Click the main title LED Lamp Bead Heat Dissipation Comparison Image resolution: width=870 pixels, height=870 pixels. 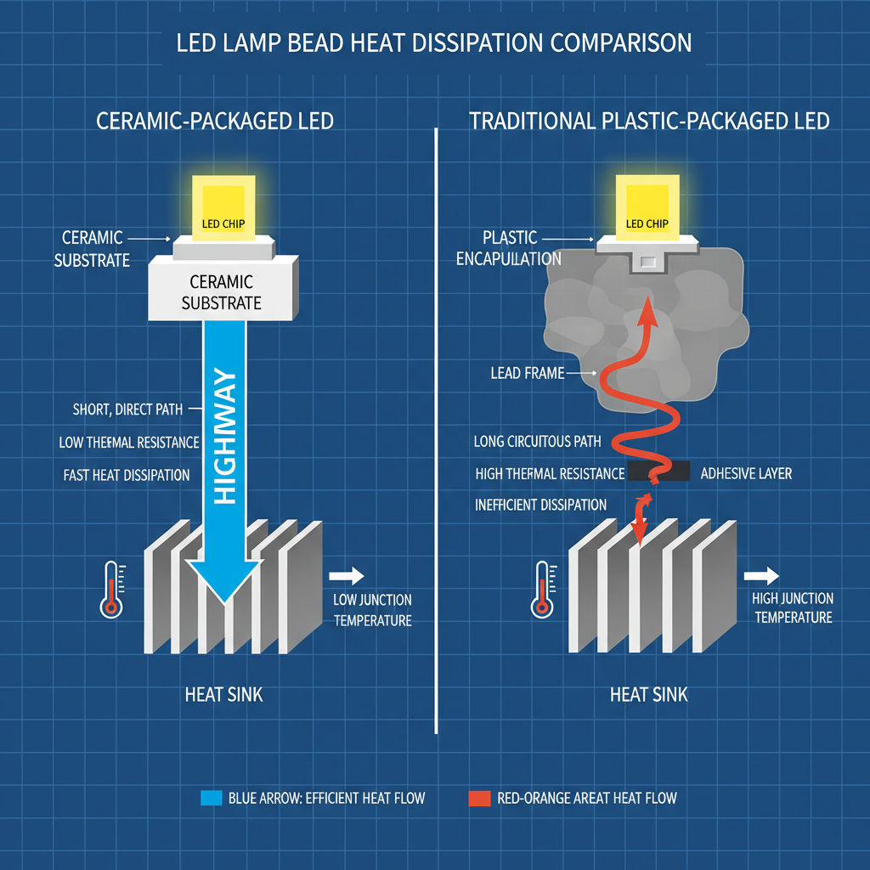pos(434,43)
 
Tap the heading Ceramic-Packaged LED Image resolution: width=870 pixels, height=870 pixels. pos(215,121)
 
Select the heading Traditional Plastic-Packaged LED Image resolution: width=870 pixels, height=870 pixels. pos(649,121)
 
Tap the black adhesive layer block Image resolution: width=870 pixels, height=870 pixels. pos(659,472)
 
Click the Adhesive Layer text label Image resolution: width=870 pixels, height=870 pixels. pos(746,473)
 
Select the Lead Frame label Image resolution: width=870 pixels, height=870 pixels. pos(527,373)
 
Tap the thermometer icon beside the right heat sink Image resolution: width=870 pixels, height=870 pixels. pos(541,588)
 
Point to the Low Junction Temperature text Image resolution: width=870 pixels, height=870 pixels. pos(372,611)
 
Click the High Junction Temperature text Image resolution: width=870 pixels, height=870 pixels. pos(793,608)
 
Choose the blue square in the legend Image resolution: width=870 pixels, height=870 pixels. pos(210,798)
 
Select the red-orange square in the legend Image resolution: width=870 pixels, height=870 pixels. pos(480,798)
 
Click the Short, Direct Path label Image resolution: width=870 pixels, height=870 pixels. pos(127,410)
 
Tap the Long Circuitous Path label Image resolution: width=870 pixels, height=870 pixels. pos(537,441)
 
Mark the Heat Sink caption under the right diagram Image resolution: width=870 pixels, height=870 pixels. pos(648,695)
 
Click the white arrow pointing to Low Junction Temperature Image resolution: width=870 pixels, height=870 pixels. pos(352,575)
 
